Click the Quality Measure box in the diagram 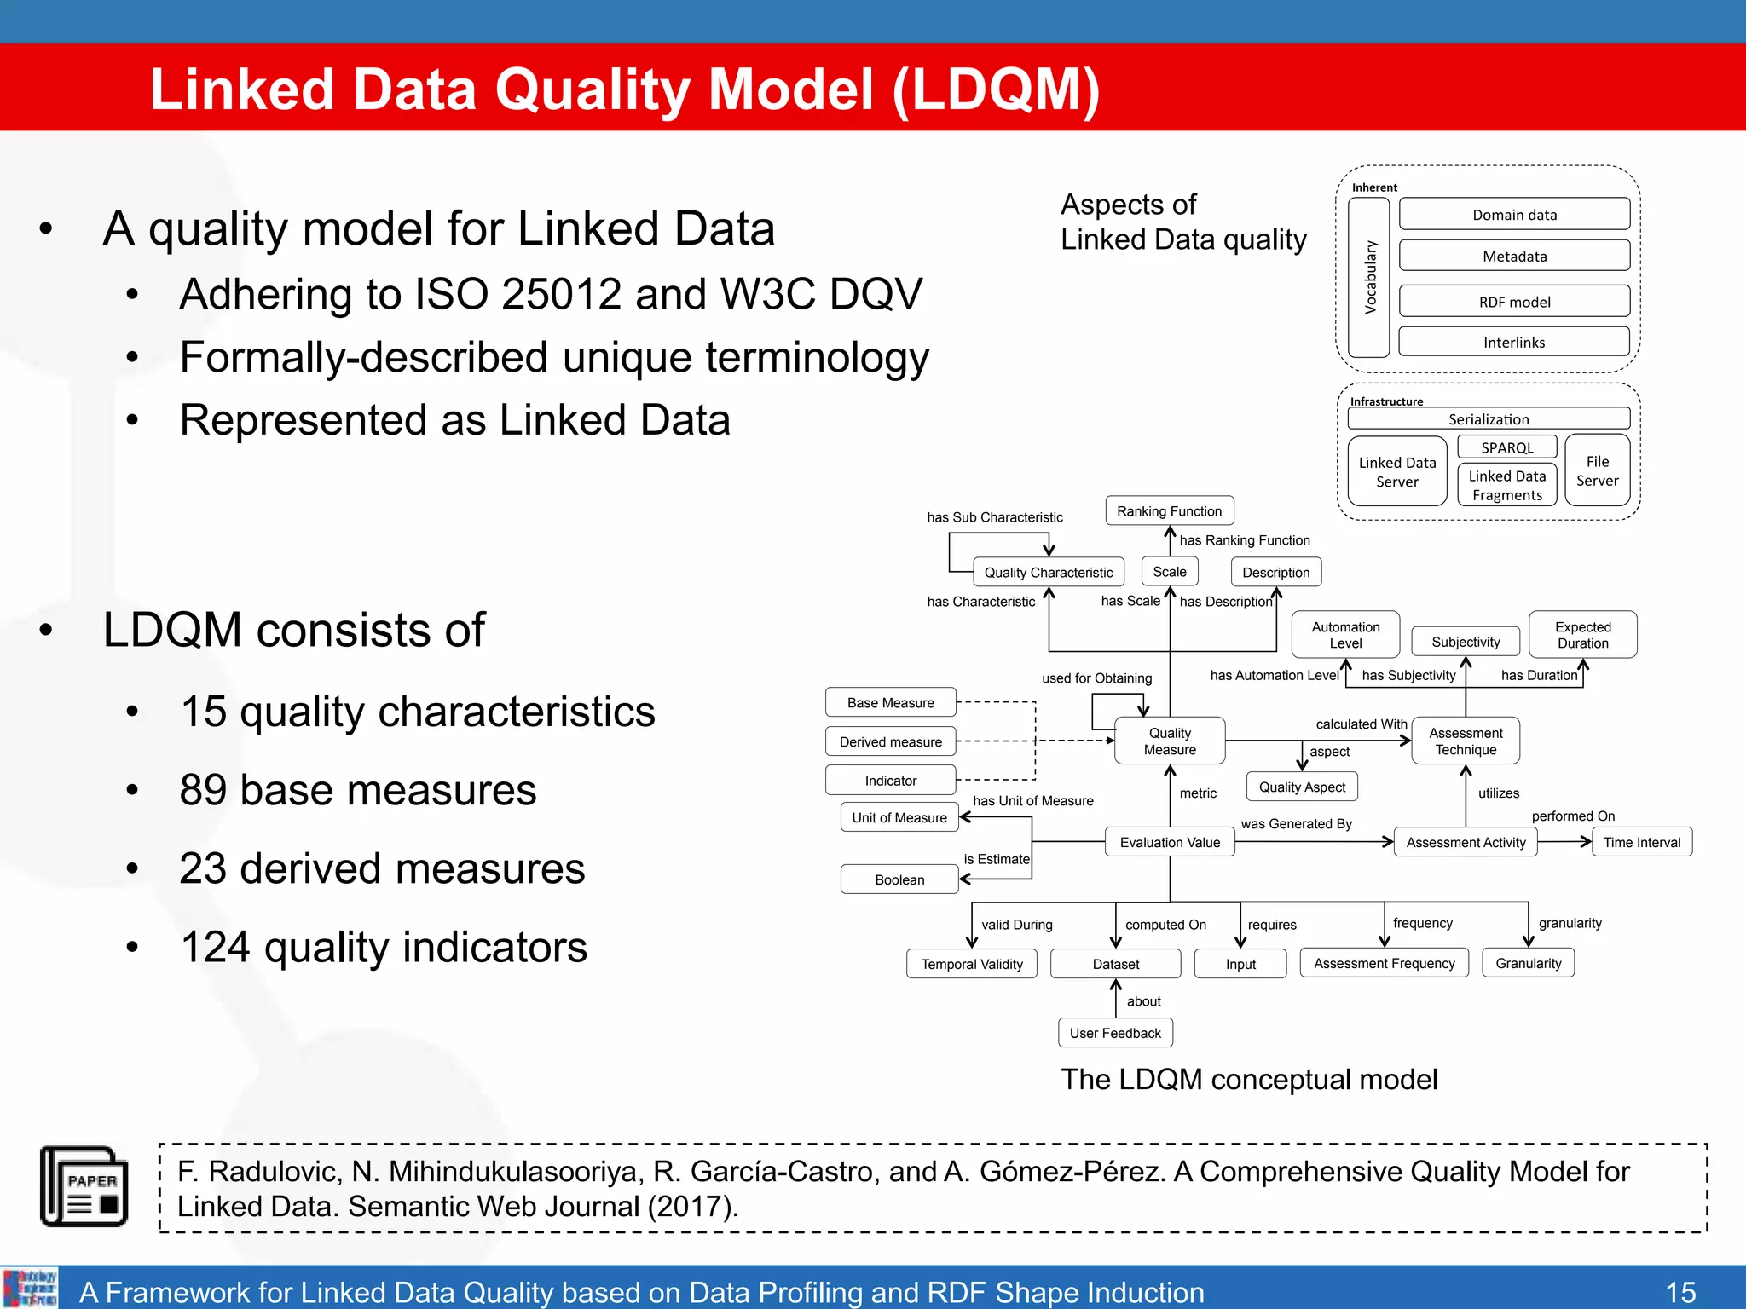[1170, 741]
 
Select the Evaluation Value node [1170, 842]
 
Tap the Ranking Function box [1169, 510]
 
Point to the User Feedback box [1115, 1033]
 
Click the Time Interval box [1641, 842]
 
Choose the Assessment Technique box [1465, 741]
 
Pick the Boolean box [899, 879]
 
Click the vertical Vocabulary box [1369, 277]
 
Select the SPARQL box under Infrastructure [1506, 447]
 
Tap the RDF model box [1514, 302]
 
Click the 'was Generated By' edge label [1296, 823]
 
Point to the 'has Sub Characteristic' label [994, 517]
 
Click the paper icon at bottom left [84, 1186]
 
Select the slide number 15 [1680, 1292]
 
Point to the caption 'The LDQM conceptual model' [1248, 1080]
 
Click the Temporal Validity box [971, 964]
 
